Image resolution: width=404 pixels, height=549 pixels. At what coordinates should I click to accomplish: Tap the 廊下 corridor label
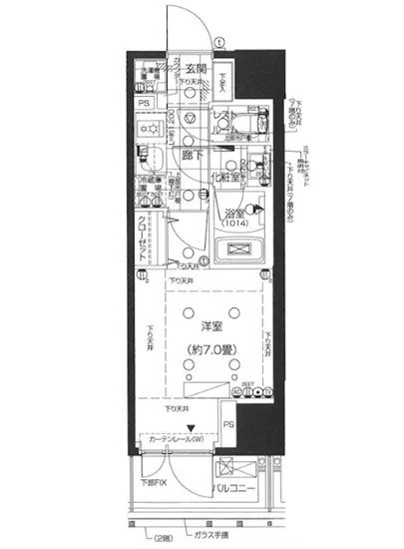194,157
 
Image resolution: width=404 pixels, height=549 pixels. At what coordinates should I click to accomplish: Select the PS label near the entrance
144,103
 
